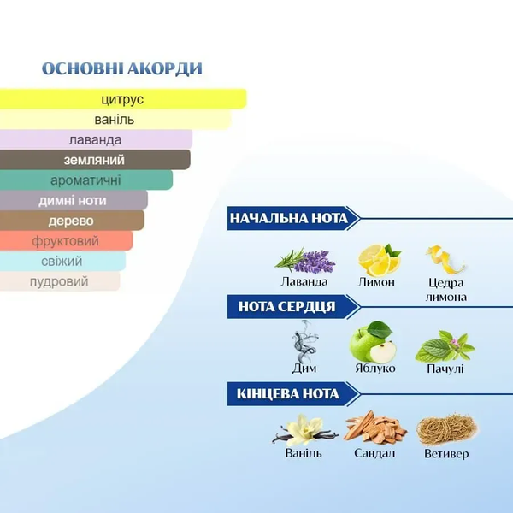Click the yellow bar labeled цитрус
(123, 99)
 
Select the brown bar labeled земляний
(95, 160)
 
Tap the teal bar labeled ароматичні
(86, 180)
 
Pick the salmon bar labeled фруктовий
(66, 241)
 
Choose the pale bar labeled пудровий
(60, 281)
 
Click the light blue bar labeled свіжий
(62, 261)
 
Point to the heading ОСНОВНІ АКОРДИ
(122, 68)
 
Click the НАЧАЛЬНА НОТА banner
(293, 218)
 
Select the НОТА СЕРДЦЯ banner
(293, 307)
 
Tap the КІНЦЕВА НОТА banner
(293, 394)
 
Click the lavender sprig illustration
(305, 261)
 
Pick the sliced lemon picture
(379, 259)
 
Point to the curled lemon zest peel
(445, 260)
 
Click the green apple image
(373, 341)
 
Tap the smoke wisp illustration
(304, 341)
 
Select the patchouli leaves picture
(445, 346)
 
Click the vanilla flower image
(305, 430)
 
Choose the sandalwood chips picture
(375, 427)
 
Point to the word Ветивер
(446, 454)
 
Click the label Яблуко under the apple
(375, 369)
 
